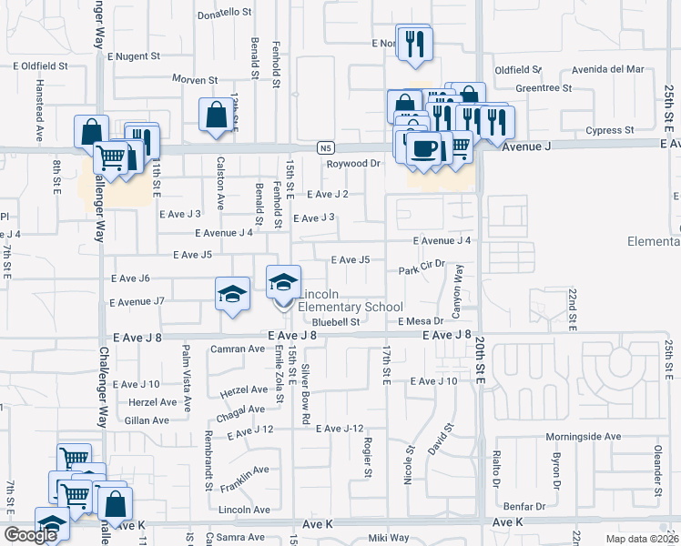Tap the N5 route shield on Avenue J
(x=327, y=147)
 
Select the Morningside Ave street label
(x=583, y=437)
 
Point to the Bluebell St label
(x=336, y=322)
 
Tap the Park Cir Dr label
(x=421, y=270)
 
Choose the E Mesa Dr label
(x=420, y=321)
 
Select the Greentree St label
(x=543, y=88)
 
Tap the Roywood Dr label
(x=352, y=164)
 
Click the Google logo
(x=30, y=535)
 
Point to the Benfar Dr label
(x=527, y=505)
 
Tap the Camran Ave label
(x=236, y=349)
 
